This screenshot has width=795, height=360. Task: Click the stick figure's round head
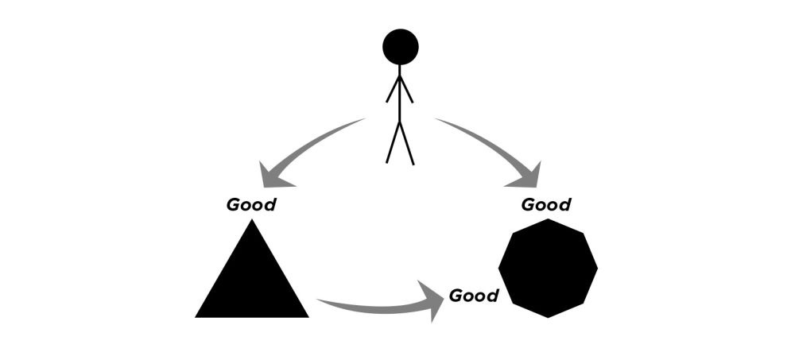[x=400, y=46]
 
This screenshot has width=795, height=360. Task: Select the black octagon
[x=548, y=268]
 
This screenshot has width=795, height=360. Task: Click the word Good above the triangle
[x=251, y=205]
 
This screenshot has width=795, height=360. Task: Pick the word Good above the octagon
[x=545, y=205]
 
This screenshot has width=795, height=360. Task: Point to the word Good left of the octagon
[x=474, y=296]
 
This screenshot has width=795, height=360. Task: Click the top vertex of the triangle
[x=252, y=221]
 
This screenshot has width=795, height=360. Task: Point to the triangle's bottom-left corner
[x=197, y=316]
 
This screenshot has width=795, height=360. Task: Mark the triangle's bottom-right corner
[x=307, y=316]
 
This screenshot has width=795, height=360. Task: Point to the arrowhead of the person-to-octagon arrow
[x=528, y=175]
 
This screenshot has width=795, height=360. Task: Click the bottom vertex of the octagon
[x=548, y=316]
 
